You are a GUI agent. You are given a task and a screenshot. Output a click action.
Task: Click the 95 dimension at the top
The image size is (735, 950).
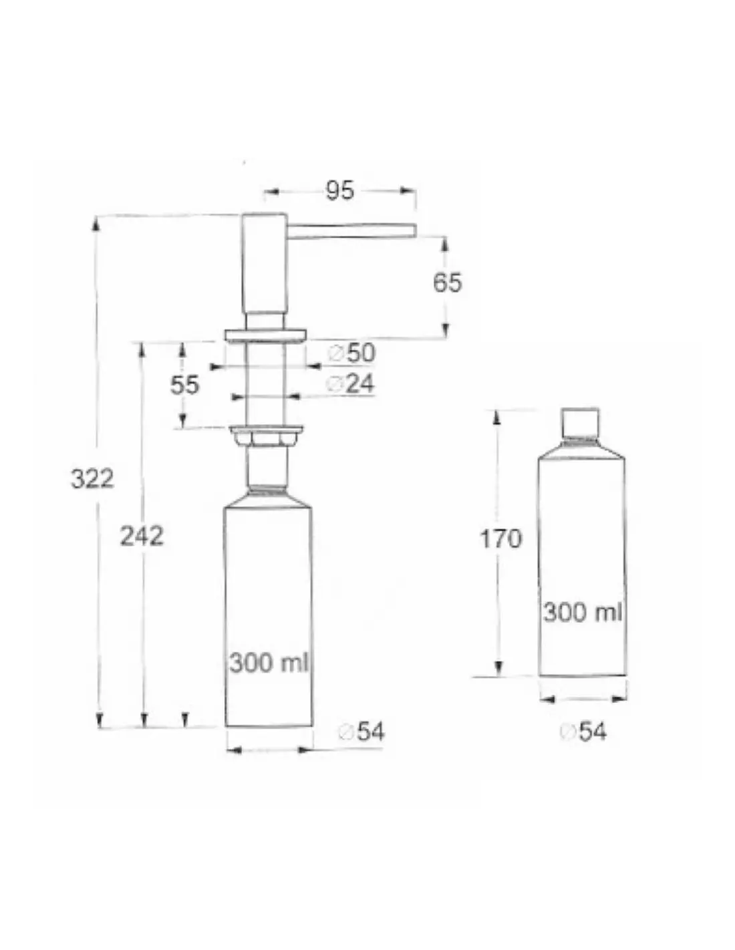point(339,190)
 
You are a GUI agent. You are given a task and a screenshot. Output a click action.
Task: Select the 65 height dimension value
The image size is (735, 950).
point(447,283)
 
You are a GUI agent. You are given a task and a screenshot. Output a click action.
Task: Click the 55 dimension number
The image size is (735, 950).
point(184,385)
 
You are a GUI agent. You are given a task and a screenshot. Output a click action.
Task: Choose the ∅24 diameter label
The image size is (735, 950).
point(350,384)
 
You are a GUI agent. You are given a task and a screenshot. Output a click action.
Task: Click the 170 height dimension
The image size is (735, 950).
point(501,538)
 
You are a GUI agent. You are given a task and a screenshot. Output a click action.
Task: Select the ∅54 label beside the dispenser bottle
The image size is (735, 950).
point(362,731)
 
